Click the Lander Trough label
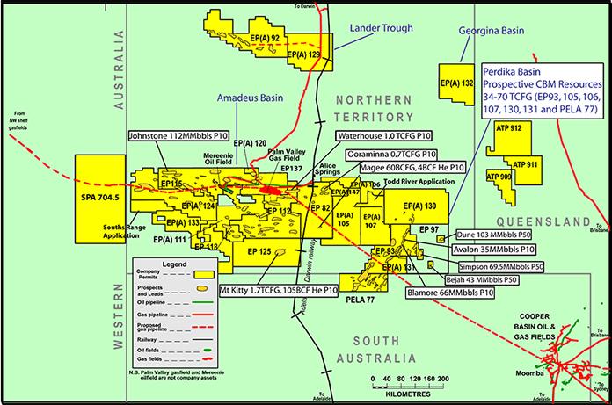pyautogui.click(x=381, y=27)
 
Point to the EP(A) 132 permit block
pyautogui.click(x=455, y=84)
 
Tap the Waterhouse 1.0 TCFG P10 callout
pyautogui.click(x=388, y=136)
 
